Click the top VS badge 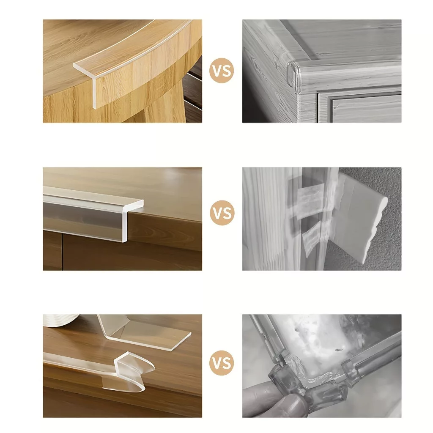[222, 71]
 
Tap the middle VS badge [222, 213]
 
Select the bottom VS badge [222, 362]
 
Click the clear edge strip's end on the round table [85, 83]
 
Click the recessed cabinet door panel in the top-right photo [366, 108]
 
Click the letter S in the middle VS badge [227, 213]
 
